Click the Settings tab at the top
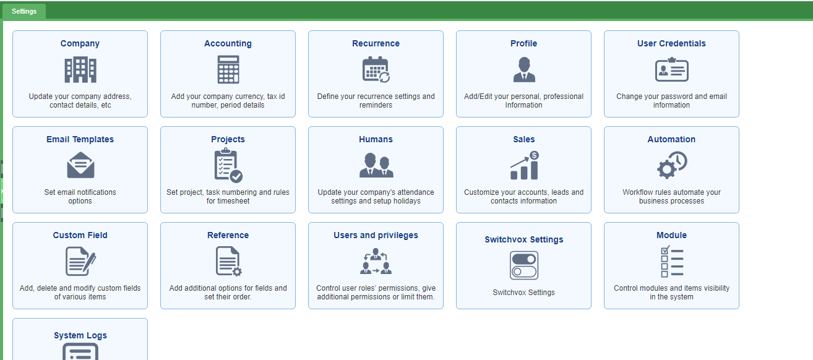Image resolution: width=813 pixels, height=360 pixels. coord(24,11)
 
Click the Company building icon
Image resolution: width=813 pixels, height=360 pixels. coord(80,70)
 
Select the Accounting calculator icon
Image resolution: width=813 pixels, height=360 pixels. coord(228,69)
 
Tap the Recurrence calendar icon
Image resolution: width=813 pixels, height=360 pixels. coord(376,69)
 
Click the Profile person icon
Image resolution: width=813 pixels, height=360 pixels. coord(524,69)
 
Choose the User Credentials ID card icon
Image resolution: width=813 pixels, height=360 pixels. coord(671,69)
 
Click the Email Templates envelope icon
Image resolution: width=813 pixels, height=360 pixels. coord(80,165)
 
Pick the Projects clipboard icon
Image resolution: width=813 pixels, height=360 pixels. coord(228,165)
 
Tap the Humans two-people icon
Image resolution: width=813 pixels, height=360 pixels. coord(376,165)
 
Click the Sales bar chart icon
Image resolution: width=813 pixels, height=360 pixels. coord(525,166)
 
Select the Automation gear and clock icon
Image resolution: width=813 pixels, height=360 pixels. coord(672,165)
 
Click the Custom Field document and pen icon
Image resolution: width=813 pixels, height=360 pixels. coord(80,261)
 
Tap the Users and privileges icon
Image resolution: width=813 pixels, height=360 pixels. coord(376,261)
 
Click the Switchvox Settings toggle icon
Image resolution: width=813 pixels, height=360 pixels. coord(523,265)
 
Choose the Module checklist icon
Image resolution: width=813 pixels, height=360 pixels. coord(672,261)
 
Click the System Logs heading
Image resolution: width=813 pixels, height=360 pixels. coord(80,335)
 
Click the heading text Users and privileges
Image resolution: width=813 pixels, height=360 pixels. coord(376,235)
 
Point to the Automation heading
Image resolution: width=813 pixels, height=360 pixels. coord(671,139)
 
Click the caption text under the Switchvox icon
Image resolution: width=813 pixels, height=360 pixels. coord(523,293)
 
